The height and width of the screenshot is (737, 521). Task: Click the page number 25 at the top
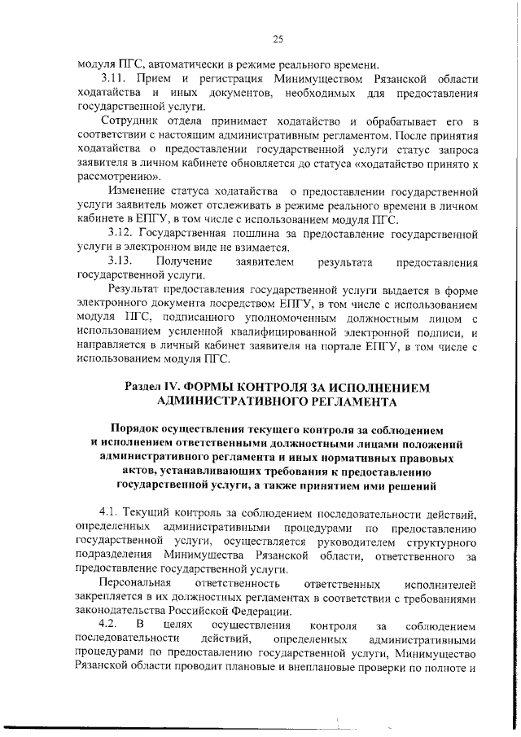pyautogui.click(x=278, y=38)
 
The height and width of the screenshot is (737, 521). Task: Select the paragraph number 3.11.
pyautogui.click(x=116, y=79)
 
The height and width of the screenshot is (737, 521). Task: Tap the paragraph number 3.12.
pyautogui.click(x=116, y=235)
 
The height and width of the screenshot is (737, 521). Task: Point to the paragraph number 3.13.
pyautogui.click(x=120, y=261)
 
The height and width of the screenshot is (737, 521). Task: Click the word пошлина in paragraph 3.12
pyautogui.click(x=243, y=235)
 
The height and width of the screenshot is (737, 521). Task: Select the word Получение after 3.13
pyautogui.click(x=183, y=261)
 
